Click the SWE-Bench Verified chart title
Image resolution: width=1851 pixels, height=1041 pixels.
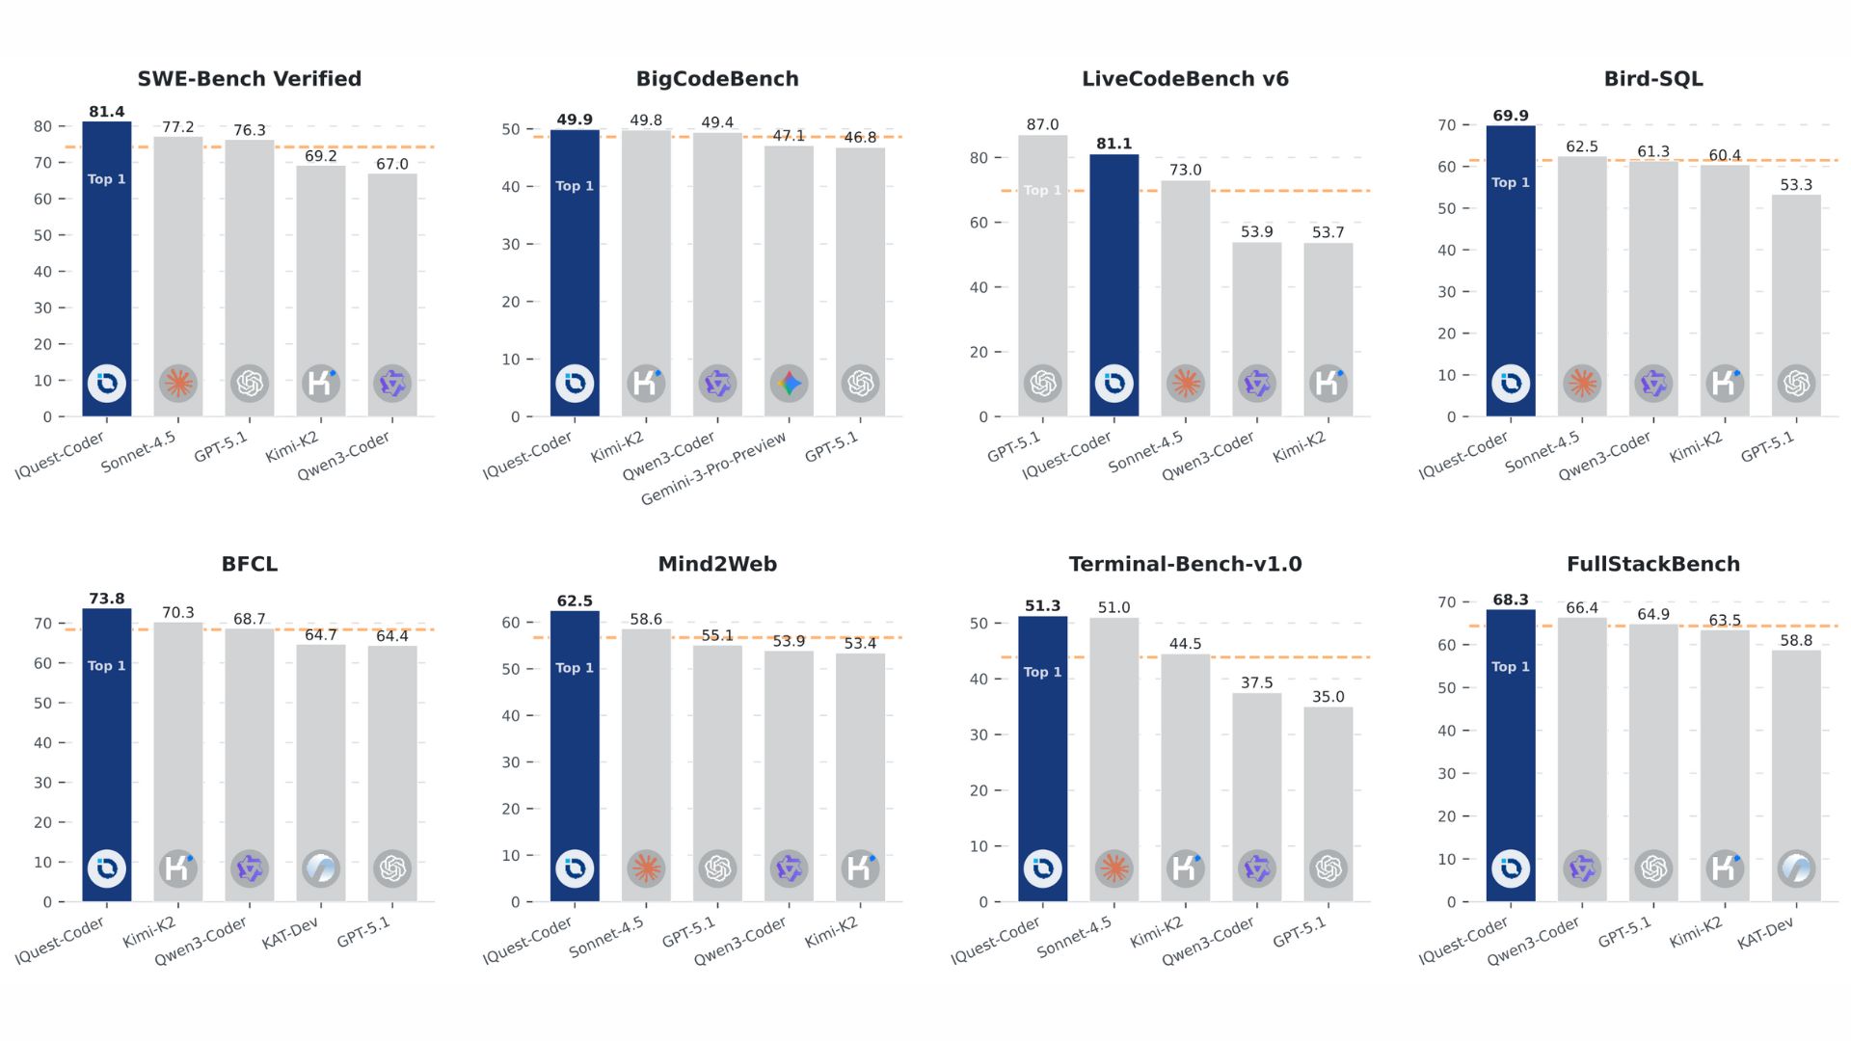pos(249,79)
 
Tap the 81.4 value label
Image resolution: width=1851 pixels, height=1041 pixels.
pos(106,112)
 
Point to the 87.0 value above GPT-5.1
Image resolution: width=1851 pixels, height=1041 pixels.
pos(1042,124)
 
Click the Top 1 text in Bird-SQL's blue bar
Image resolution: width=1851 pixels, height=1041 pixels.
pos(1510,182)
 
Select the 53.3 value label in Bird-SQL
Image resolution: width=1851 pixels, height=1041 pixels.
pos(1795,185)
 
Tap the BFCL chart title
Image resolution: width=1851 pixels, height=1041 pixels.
pos(249,564)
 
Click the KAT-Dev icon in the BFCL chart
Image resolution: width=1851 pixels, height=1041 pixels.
pos(321,868)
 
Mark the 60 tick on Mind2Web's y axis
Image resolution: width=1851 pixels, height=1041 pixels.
pos(511,623)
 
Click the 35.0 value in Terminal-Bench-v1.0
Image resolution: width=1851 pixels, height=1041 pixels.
pos(1328,697)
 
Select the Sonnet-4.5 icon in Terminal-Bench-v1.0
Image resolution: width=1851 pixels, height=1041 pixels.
pos(1113,868)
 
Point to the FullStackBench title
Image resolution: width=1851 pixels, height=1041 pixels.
pos(1652,564)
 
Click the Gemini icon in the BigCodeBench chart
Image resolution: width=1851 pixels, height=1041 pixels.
pos(789,384)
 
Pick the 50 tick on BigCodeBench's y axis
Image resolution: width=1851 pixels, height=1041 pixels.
pos(511,129)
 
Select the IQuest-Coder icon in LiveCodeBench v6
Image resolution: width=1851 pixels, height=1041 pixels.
pos(1113,384)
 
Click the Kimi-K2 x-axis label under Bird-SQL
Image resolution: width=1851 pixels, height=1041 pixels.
pos(1696,446)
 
